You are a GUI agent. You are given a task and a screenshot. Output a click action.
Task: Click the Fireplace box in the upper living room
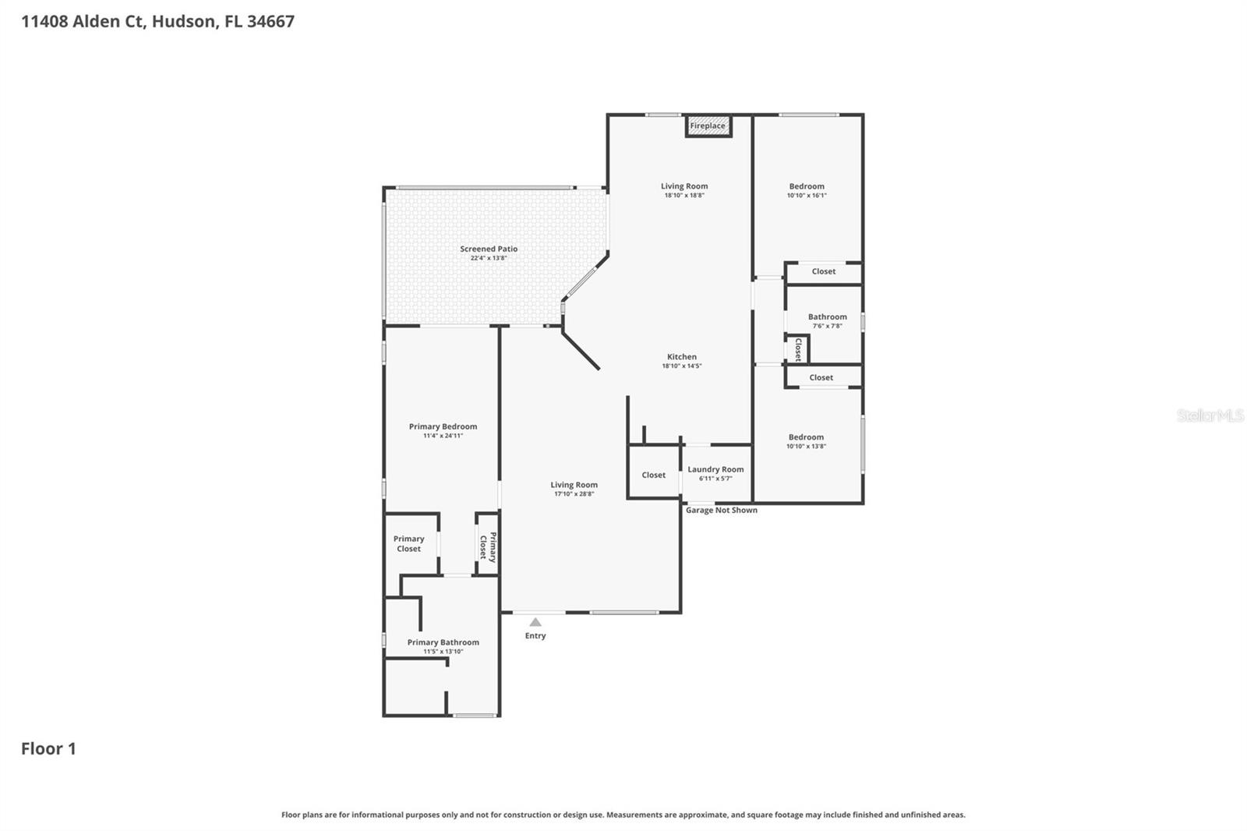pos(708,126)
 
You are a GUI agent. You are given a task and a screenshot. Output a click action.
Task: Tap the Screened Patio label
pos(489,249)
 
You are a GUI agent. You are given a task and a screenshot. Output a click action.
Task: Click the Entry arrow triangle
pos(535,622)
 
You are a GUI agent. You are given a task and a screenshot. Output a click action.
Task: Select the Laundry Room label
pos(715,469)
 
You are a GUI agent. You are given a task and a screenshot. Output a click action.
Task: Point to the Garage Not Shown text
pos(721,510)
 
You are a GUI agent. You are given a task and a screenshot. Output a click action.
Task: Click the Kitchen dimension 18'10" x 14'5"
pos(682,366)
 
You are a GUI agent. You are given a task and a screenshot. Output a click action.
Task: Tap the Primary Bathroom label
pos(443,642)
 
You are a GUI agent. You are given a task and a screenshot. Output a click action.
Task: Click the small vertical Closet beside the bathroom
pos(798,349)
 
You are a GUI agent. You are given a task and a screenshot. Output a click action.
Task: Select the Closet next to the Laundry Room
pos(653,475)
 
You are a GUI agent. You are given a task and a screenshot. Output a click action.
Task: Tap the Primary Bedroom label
pos(443,426)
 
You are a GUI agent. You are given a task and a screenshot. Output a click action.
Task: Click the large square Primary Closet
pos(409,543)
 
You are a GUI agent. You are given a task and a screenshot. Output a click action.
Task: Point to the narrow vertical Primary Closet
pos(488,546)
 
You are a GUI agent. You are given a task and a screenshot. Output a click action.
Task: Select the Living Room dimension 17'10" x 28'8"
pos(574,493)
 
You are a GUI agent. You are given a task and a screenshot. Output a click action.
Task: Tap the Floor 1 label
pos(48,748)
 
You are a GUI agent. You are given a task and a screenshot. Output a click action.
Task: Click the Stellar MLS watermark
pos(1210,415)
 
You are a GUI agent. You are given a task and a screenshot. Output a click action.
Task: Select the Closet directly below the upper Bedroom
pos(823,271)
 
